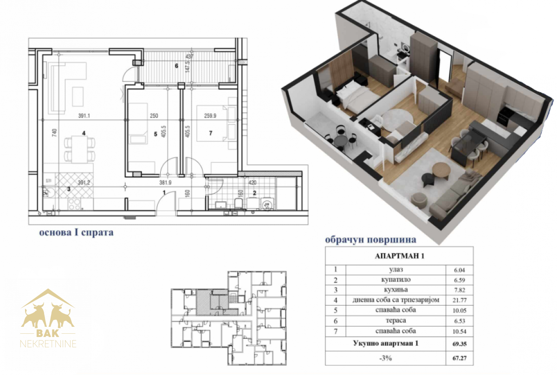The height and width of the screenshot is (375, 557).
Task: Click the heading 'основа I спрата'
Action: tap(76, 232)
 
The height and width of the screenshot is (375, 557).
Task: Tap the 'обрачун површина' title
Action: tap(370, 240)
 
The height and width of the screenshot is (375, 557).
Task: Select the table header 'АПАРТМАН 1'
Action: tap(399, 256)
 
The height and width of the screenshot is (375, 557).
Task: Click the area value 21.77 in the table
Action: tap(459, 300)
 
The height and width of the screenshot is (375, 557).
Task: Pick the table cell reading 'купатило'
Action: tap(396, 280)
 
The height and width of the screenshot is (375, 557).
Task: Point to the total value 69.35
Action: tap(460, 344)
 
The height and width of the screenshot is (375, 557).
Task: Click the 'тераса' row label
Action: tap(396, 320)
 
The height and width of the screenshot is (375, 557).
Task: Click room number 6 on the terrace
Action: tap(176, 66)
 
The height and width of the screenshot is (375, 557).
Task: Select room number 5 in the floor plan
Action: tap(155, 134)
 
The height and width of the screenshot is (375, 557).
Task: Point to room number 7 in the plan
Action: tap(211, 133)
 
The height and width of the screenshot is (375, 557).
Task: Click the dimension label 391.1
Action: tap(84, 116)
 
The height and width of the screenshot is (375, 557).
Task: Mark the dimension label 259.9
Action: tap(210, 116)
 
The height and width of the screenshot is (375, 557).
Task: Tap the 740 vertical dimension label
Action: tap(55, 133)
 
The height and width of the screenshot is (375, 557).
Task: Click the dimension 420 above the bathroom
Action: tap(252, 183)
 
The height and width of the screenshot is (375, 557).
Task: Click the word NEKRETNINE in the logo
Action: tap(48, 344)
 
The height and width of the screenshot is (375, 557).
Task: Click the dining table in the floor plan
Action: tap(79, 149)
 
